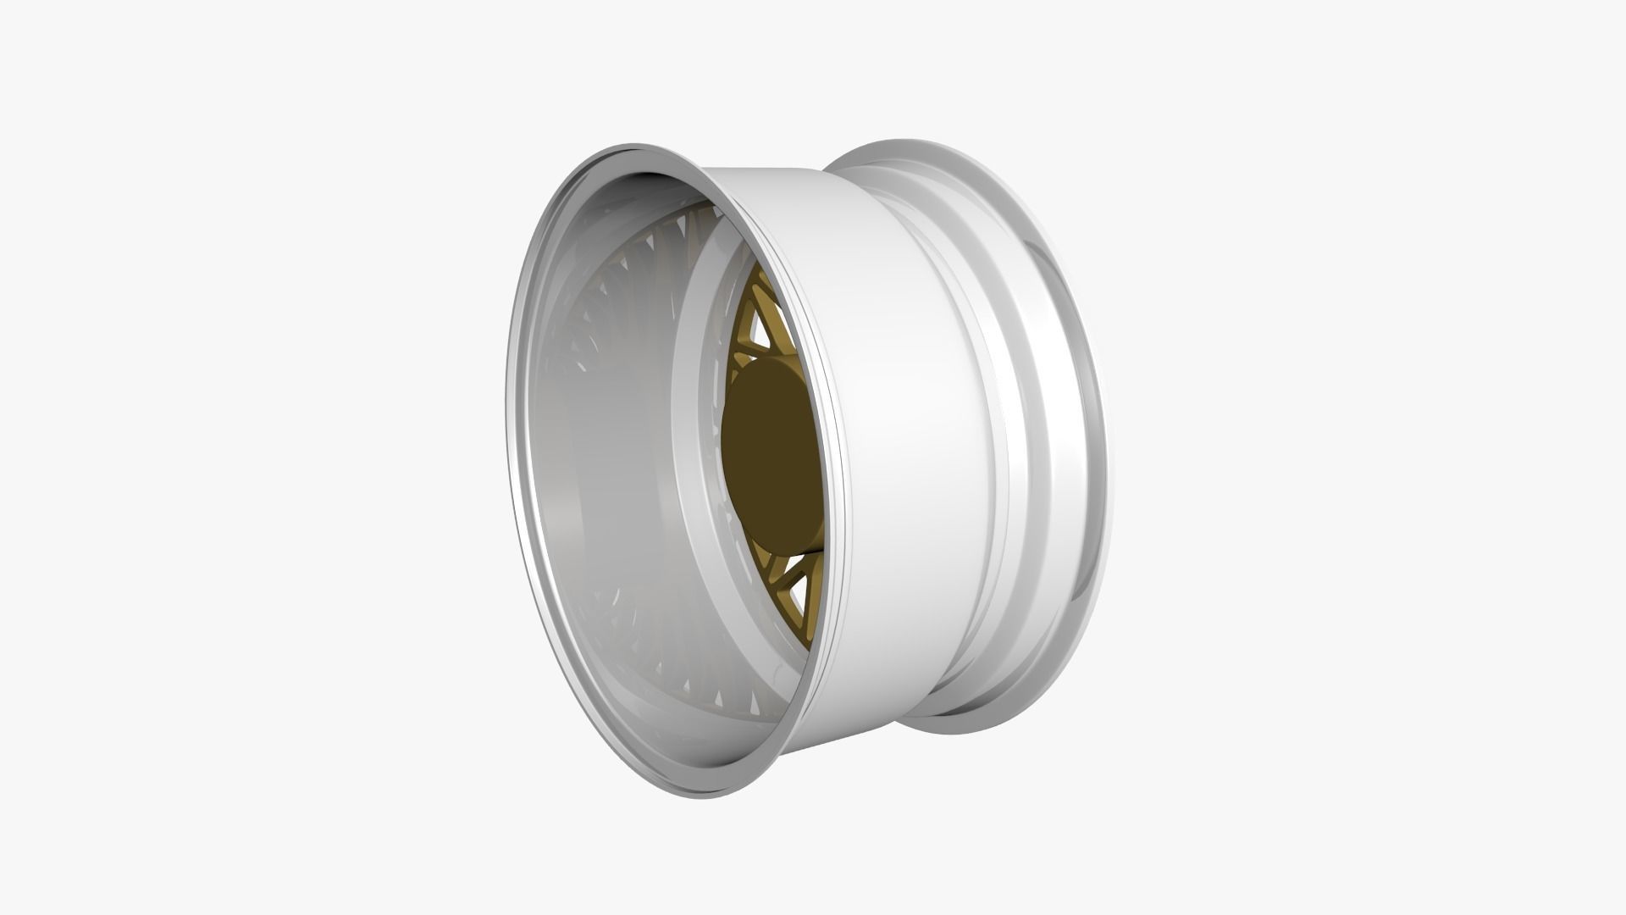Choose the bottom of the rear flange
point(957,730)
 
